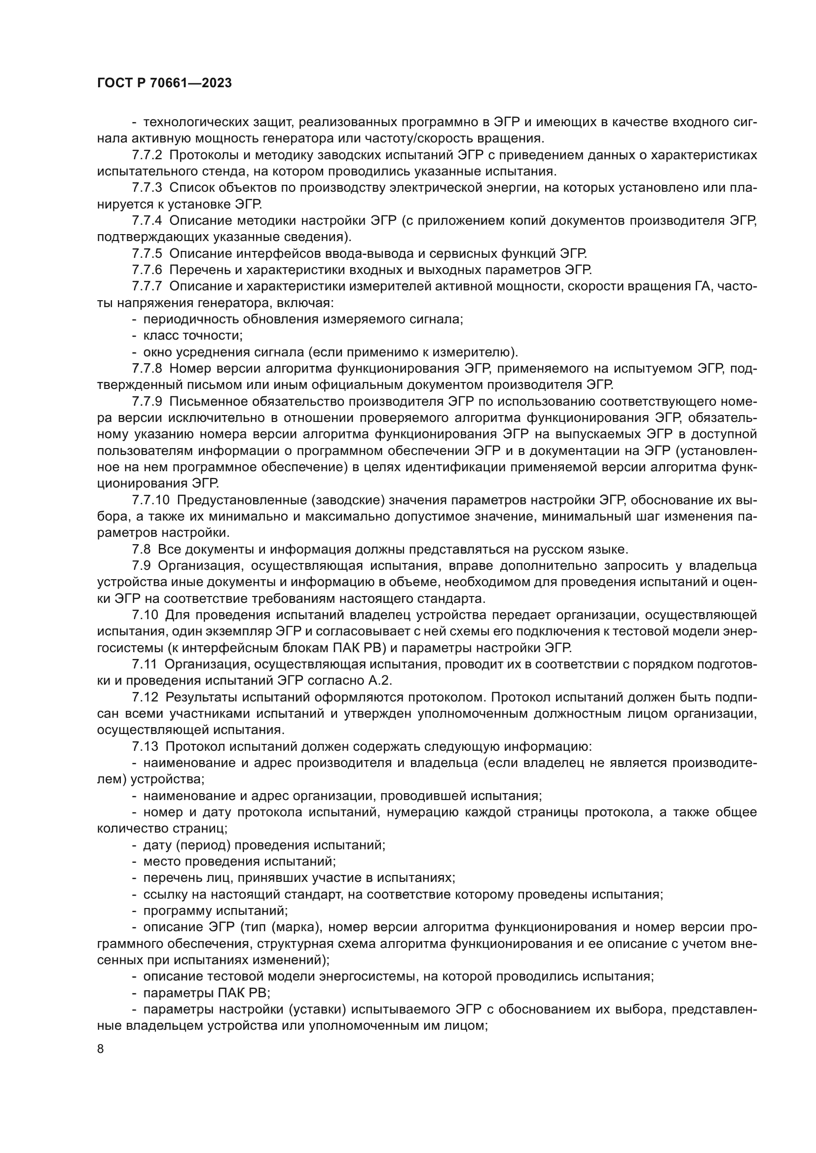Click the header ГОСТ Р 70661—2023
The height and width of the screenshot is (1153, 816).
[164, 83]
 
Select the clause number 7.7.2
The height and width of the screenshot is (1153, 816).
[147, 155]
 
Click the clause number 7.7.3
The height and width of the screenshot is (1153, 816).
[147, 188]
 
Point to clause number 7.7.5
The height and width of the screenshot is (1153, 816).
[147, 253]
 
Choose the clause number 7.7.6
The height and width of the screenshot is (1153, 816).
[147, 270]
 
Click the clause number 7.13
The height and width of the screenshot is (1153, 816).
[145, 747]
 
